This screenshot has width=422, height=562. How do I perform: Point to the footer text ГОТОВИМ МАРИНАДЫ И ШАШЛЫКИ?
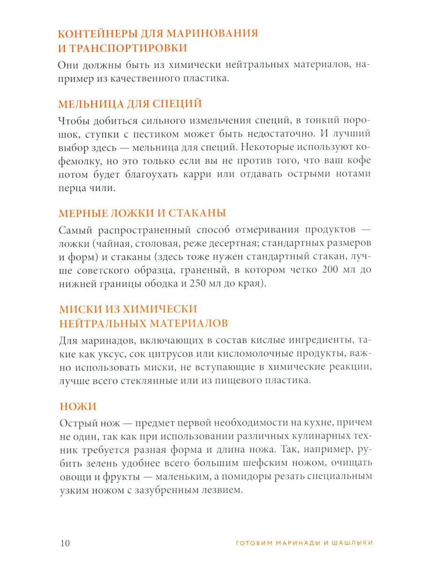coord(303,543)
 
